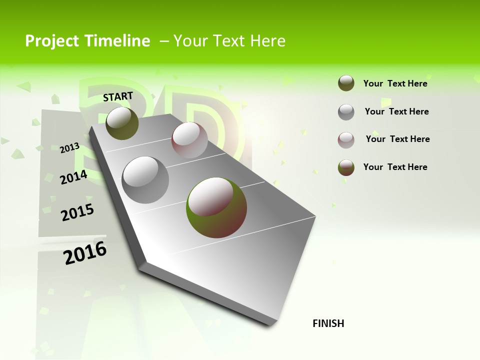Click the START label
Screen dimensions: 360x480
point(118,96)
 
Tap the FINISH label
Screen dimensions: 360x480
point(328,323)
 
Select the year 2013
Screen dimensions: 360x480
point(69,147)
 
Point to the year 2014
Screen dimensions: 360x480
point(73,177)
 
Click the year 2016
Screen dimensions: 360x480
point(85,253)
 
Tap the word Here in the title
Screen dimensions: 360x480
point(267,41)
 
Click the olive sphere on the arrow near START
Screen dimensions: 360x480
point(122,123)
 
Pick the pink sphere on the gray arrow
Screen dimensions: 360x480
point(189,140)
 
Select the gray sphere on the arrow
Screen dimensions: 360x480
point(145,180)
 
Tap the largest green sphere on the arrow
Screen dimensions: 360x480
point(216,207)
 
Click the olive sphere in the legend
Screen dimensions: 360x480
point(346,83)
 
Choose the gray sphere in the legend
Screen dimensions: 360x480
point(346,112)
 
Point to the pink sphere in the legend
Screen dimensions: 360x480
point(346,140)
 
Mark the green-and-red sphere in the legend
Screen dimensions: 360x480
point(346,167)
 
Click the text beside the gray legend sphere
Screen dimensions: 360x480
point(396,111)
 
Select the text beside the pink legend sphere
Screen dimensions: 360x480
point(397,139)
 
